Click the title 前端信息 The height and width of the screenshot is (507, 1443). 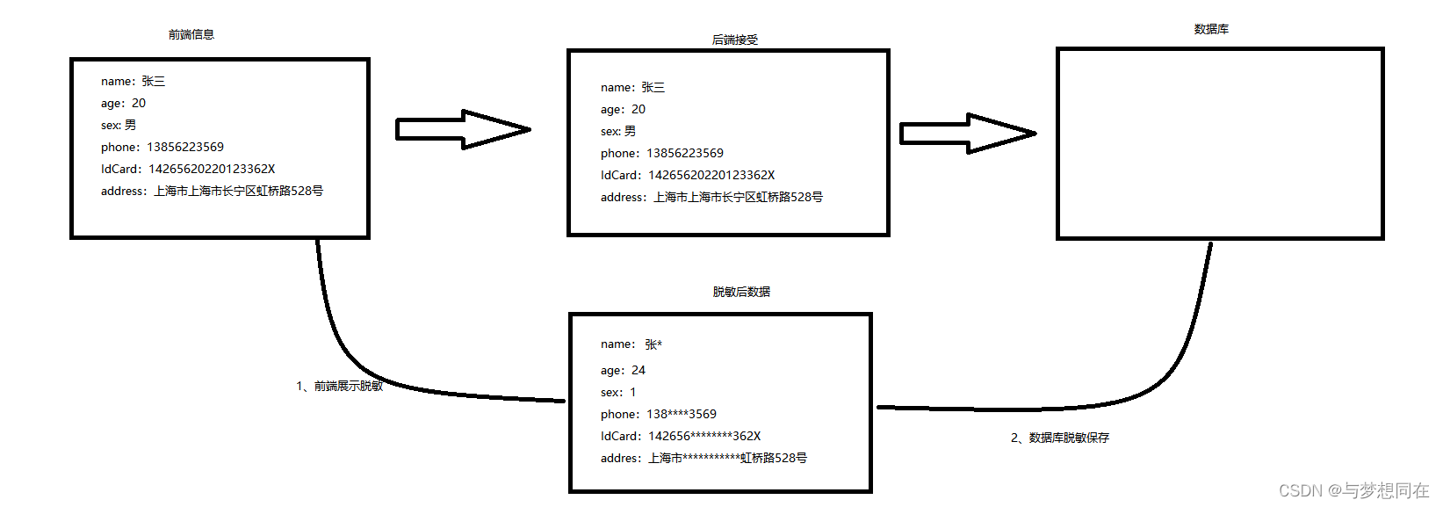pos(191,35)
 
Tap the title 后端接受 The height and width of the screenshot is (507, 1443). pos(734,40)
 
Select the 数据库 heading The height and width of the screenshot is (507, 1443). pos(1211,30)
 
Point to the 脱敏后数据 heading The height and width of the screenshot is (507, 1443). pos(741,292)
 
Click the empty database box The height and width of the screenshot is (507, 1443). pos(1219,143)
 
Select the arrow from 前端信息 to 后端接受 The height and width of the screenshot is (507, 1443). pos(463,129)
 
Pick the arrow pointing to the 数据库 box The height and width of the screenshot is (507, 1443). pos(968,134)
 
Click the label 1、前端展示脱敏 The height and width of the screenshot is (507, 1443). pos(340,386)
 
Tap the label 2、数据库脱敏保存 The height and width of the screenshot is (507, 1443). pos(1060,438)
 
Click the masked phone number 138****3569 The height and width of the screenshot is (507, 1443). pos(682,415)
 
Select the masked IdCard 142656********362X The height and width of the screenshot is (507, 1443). pos(704,437)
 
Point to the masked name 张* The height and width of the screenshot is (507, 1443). pos(653,344)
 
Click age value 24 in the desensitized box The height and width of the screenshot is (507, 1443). pos(639,371)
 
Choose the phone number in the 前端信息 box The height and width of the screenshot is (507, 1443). pos(185,148)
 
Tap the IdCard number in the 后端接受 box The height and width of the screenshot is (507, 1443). pos(711,176)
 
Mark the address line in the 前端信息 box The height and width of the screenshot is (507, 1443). pos(212,192)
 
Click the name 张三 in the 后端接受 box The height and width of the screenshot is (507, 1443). pos(653,88)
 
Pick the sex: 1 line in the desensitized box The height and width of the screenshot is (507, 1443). pos(618,393)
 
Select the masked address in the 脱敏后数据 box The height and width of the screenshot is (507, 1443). pos(727,459)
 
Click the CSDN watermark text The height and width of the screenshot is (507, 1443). pos(1353,490)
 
